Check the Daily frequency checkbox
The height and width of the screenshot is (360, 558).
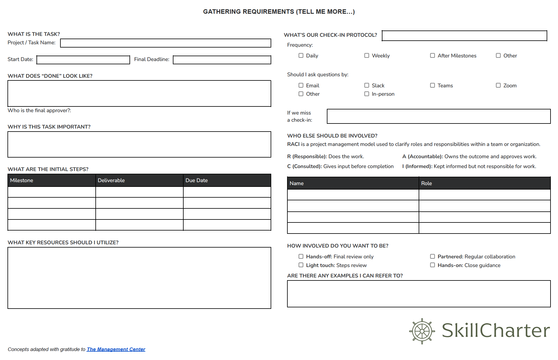301,56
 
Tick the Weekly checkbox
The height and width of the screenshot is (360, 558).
367,56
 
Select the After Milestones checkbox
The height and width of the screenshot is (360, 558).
432,56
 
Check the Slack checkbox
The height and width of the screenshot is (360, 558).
367,86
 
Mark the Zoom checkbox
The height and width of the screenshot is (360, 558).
498,86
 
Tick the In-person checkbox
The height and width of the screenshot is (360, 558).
367,94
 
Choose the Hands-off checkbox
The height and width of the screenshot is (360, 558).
301,257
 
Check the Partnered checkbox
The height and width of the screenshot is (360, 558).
432,257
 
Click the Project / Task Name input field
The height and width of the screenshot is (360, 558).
165,43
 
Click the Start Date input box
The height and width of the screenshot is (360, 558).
83,60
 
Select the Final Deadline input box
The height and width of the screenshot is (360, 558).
222,60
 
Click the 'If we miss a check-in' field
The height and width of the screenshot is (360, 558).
438,116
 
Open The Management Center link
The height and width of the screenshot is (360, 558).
116,349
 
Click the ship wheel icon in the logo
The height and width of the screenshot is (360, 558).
422,331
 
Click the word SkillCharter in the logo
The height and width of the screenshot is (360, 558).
496,331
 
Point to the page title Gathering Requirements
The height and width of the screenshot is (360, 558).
279,12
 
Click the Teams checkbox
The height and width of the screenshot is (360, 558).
432,86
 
